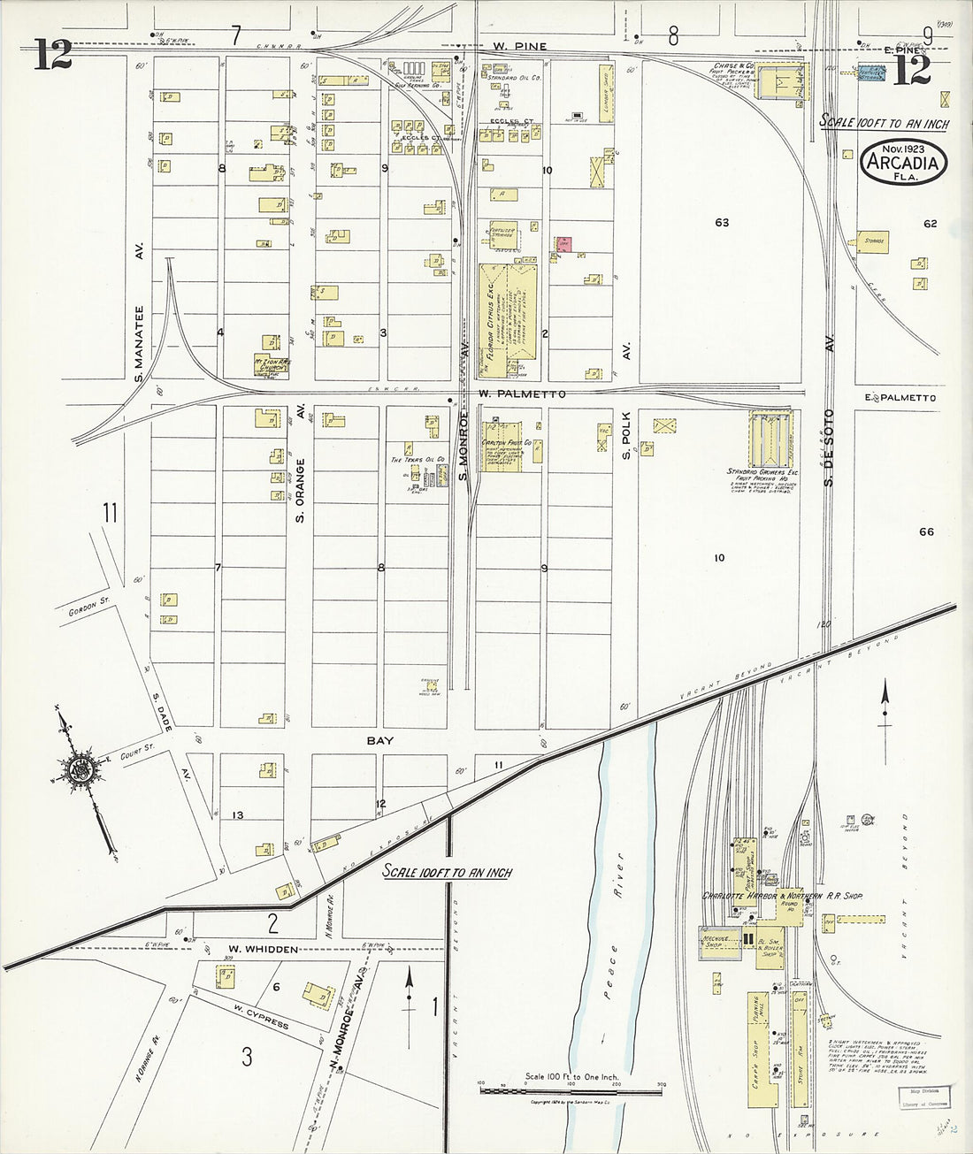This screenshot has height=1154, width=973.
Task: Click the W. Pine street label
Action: (x=520, y=46)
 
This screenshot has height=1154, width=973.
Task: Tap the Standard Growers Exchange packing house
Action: (x=770, y=439)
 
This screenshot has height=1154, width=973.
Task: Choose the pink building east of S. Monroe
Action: (x=563, y=244)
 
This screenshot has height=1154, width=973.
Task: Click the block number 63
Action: (x=722, y=223)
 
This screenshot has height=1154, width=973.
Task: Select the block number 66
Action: (x=926, y=531)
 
